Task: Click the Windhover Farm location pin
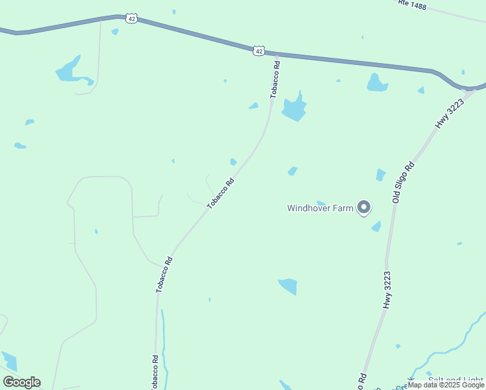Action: point(364,207)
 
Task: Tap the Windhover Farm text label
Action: point(320,209)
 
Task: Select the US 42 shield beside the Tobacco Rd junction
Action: point(259,50)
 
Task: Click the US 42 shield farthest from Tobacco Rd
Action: point(132,19)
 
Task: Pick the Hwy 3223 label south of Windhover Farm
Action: point(387,290)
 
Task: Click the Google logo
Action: point(21,382)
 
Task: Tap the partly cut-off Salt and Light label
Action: point(455,380)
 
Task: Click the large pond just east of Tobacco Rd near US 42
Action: point(294,109)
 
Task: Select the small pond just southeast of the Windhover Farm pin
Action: point(376,226)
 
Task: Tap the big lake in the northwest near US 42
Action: point(68,71)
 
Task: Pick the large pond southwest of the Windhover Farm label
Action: point(288,285)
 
